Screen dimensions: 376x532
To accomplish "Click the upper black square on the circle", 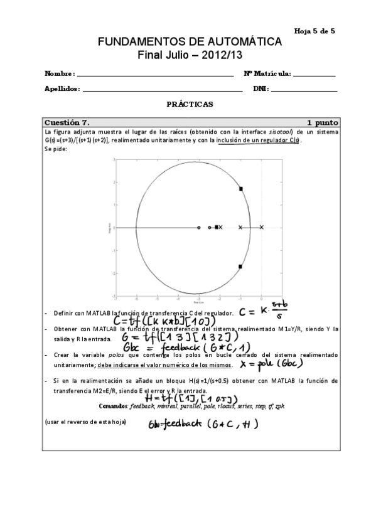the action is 240,188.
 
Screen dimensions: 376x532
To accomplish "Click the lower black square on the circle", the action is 240,267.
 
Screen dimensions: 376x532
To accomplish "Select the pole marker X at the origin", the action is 261,227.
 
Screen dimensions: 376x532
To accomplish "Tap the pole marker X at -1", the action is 240,227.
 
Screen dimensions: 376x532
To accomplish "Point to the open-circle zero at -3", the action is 199,227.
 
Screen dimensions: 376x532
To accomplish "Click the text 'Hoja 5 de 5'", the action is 314,30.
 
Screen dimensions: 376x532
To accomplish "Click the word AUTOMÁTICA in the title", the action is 239,41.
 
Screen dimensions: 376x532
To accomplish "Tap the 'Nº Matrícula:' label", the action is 267,73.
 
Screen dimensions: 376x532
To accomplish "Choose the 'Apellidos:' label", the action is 62,89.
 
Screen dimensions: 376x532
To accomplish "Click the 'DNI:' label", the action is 261,89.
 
